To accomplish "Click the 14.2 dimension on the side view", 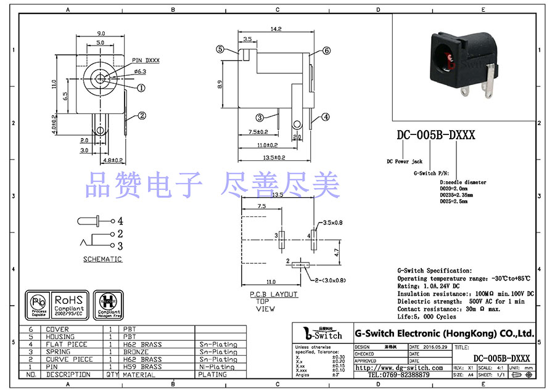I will coord(276,28).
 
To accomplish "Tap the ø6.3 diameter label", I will coord(139,71).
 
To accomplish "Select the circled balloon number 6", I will coord(326,51).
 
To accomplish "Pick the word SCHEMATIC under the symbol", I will coord(102,259).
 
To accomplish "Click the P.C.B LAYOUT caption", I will coord(274,295).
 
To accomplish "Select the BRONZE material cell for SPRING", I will coord(137,352).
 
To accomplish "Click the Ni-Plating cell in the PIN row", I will coord(217,367).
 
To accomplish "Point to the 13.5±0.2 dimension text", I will coord(276,158).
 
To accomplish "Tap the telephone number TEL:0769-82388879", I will coord(399,375).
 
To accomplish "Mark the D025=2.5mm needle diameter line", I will coord(454,201).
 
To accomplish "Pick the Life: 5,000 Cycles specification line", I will coord(427,317).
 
